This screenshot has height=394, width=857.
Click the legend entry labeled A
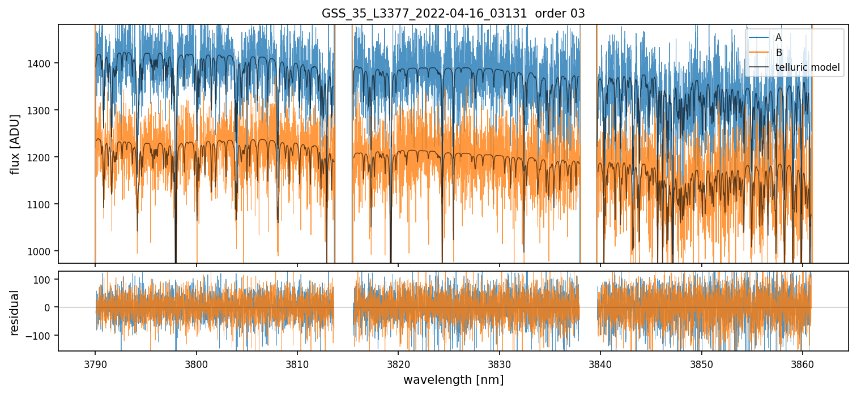(x=778, y=37)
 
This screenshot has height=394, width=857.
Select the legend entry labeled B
(x=778, y=53)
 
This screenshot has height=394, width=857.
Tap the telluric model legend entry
(x=807, y=68)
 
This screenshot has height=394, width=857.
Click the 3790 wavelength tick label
(x=95, y=363)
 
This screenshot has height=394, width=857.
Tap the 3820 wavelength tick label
(x=398, y=363)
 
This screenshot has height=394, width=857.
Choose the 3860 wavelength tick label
(x=803, y=363)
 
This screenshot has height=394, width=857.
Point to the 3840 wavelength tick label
(x=600, y=363)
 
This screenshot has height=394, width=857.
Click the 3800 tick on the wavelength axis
(x=196, y=363)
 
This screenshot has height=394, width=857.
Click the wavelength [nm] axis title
(x=453, y=379)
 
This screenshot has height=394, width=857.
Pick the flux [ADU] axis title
(x=15, y=144)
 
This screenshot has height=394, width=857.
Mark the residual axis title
(x=15, y=312)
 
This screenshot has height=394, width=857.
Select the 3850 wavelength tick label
(x=702, y=363)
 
